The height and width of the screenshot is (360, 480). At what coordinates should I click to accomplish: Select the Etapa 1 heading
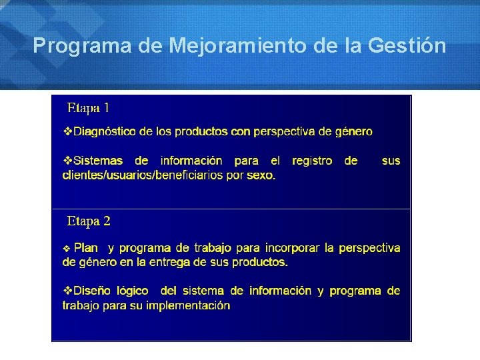coord(89,107)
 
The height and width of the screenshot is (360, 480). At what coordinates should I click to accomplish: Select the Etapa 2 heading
coord(89,221)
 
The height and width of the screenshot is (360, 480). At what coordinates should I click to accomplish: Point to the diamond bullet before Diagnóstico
coord(67,132)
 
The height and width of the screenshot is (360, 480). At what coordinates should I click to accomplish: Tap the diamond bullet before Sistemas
coord(67,161)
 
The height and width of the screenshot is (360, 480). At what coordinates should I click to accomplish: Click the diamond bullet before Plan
coord(67,248)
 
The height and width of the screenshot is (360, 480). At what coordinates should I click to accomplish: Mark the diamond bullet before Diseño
coord(67,291)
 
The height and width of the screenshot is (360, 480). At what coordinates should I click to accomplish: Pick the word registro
coord(312,161)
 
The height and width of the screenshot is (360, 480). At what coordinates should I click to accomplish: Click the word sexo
coord(261,175)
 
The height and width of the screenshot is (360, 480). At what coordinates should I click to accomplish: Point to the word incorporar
coord(292,248)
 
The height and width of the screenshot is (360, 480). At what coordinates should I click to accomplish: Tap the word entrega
coord(175,262)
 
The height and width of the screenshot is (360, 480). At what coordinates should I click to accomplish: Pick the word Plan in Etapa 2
coord(86,248)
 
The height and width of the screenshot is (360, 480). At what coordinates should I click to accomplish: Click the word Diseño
coord(94,291)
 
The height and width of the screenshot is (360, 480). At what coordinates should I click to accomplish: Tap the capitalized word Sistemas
coord(98,161)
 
